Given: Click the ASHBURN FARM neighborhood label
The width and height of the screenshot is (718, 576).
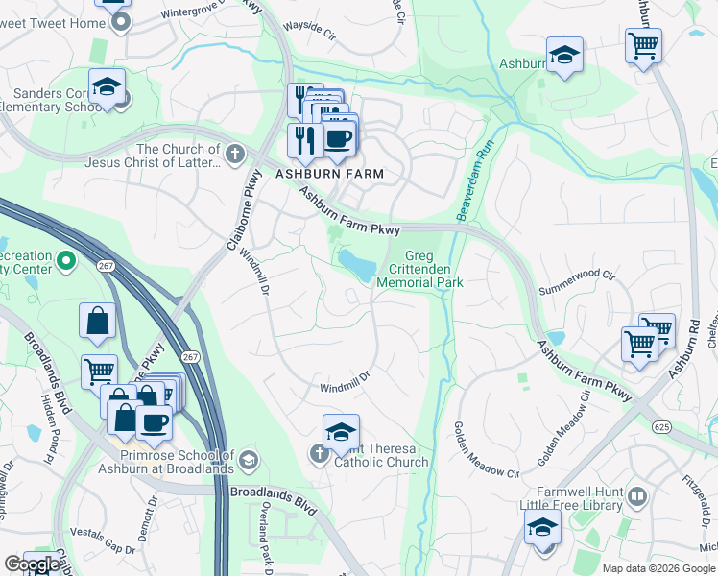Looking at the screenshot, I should tap(329, 174).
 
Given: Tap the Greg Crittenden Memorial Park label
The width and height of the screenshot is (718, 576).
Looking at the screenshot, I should tap(419, 270).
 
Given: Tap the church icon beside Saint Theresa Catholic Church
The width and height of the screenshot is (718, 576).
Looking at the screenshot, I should tap(322, 453).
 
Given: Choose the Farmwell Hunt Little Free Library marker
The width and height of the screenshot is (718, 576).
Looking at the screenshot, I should tap(638, 497).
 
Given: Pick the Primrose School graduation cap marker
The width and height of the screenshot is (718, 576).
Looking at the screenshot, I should tap(250, 462).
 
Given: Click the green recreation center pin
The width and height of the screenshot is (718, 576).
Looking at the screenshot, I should tap(66, 260).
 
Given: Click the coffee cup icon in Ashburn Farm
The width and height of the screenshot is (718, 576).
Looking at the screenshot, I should tap(337, 139).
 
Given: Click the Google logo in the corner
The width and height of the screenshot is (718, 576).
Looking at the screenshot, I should tap(32, 564).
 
